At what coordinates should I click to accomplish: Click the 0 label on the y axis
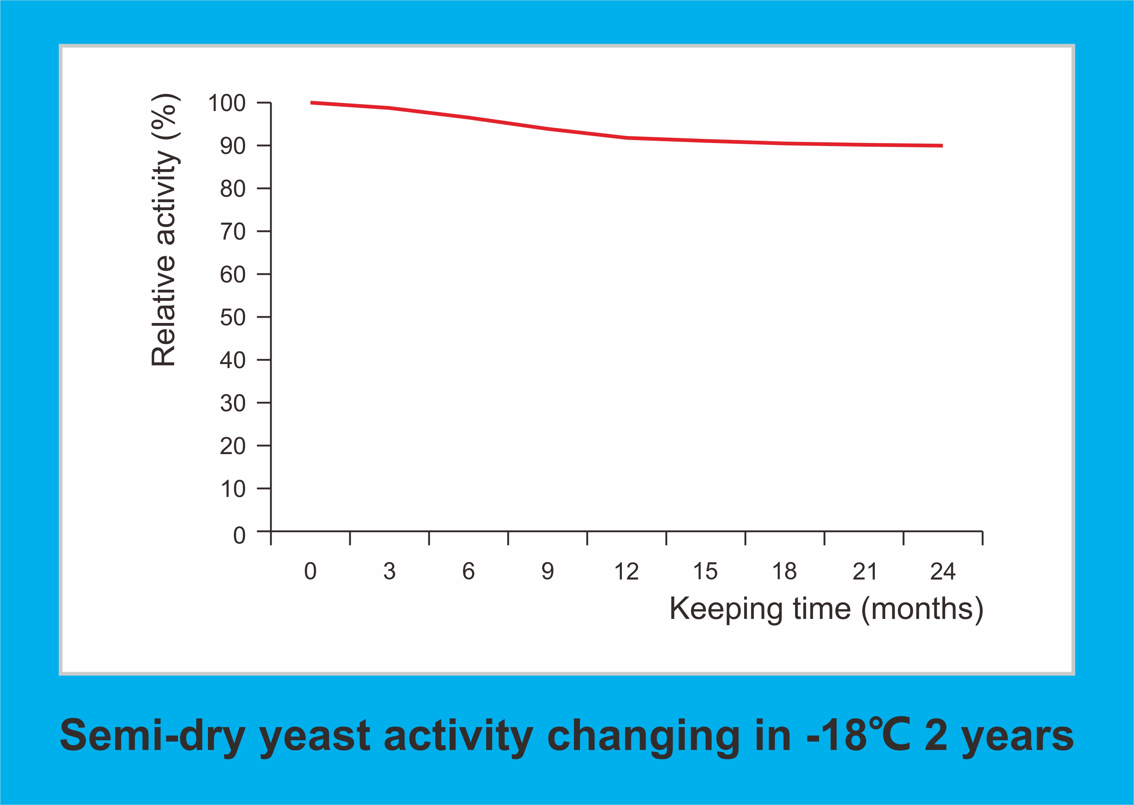pos(239,535)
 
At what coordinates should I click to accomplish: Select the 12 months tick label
pos(626,571)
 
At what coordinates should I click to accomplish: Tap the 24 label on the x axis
pos(942,571)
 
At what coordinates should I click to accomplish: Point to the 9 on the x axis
pos(547,571)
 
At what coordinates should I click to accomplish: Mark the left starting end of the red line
pos(312,103)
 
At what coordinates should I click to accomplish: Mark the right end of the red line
pos(941,146)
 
